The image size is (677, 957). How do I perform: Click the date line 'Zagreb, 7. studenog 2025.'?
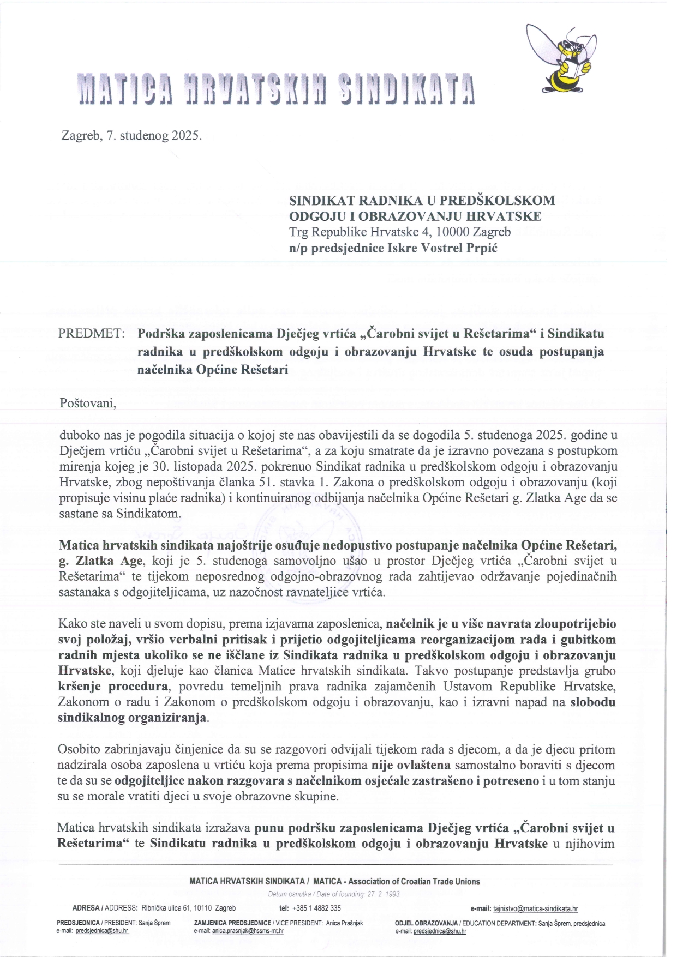click(x=131, y=135)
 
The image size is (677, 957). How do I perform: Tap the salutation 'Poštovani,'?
click(x=87, y=404)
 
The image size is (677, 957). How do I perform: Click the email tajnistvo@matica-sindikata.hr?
click(x=535, y=908)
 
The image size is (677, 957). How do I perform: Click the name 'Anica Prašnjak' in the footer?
click(x=344, y=923)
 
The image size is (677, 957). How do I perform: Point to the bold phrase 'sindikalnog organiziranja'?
click(x=133, y=718)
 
